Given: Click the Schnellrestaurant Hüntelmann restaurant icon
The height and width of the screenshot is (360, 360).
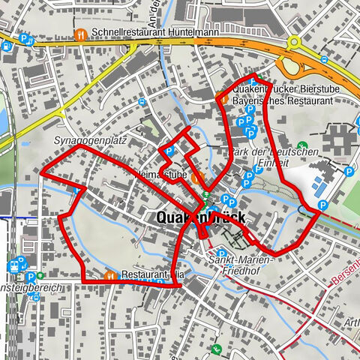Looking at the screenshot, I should [x=80, y=34].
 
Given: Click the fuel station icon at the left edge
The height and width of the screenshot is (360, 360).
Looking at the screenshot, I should [x=6, y=45].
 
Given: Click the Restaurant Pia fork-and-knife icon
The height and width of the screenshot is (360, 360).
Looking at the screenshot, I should [x=110, y=275].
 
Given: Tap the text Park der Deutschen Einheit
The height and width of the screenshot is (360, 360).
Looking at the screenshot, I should [x=257, y=157].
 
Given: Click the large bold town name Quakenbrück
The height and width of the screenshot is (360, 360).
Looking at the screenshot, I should [x=201, y=217].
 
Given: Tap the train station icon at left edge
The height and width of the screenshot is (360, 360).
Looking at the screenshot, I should [x=13, y=266].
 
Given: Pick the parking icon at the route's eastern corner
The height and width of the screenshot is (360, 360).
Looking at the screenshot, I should [x=322, y=205].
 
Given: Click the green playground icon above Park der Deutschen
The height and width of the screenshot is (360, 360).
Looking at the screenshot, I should [x=301, y=145].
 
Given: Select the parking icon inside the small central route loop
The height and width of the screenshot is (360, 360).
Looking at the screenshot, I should [x=169, y=151].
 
